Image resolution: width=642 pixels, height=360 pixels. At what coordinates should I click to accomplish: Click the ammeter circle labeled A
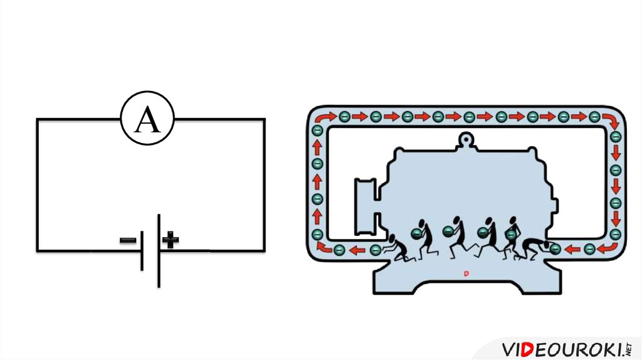(x=147, y=119)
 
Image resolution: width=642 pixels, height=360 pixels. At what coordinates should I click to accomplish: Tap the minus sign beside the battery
(x=128, y=240)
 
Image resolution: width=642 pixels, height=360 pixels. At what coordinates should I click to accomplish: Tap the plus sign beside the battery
(x=171, y=239)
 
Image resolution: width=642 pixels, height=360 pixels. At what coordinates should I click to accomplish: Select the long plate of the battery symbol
(x=159, y=250)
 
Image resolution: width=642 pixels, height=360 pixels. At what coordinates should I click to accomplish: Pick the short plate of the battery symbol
(x=142, y=250)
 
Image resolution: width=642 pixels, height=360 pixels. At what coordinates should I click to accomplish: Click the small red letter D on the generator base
(x=466, y=273)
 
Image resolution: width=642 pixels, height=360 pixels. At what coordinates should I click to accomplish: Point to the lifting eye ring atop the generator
(x=465, y=137)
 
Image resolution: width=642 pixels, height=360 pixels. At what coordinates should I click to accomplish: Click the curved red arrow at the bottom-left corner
(x=323, y=246)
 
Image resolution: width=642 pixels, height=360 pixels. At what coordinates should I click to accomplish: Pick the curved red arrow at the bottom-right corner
(x=608, y=248)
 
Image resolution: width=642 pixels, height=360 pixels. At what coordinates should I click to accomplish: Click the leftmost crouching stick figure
(x=395, y=248)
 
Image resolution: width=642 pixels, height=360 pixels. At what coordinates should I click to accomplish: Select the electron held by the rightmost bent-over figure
(x=555, y=249)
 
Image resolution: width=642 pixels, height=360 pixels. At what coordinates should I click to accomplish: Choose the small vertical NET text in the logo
(x=628, y=349)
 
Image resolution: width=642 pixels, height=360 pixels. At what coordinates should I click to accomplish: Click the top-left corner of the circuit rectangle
(x=37, y=119)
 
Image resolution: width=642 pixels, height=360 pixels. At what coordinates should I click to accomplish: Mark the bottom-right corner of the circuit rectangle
(x=264, y=250)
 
